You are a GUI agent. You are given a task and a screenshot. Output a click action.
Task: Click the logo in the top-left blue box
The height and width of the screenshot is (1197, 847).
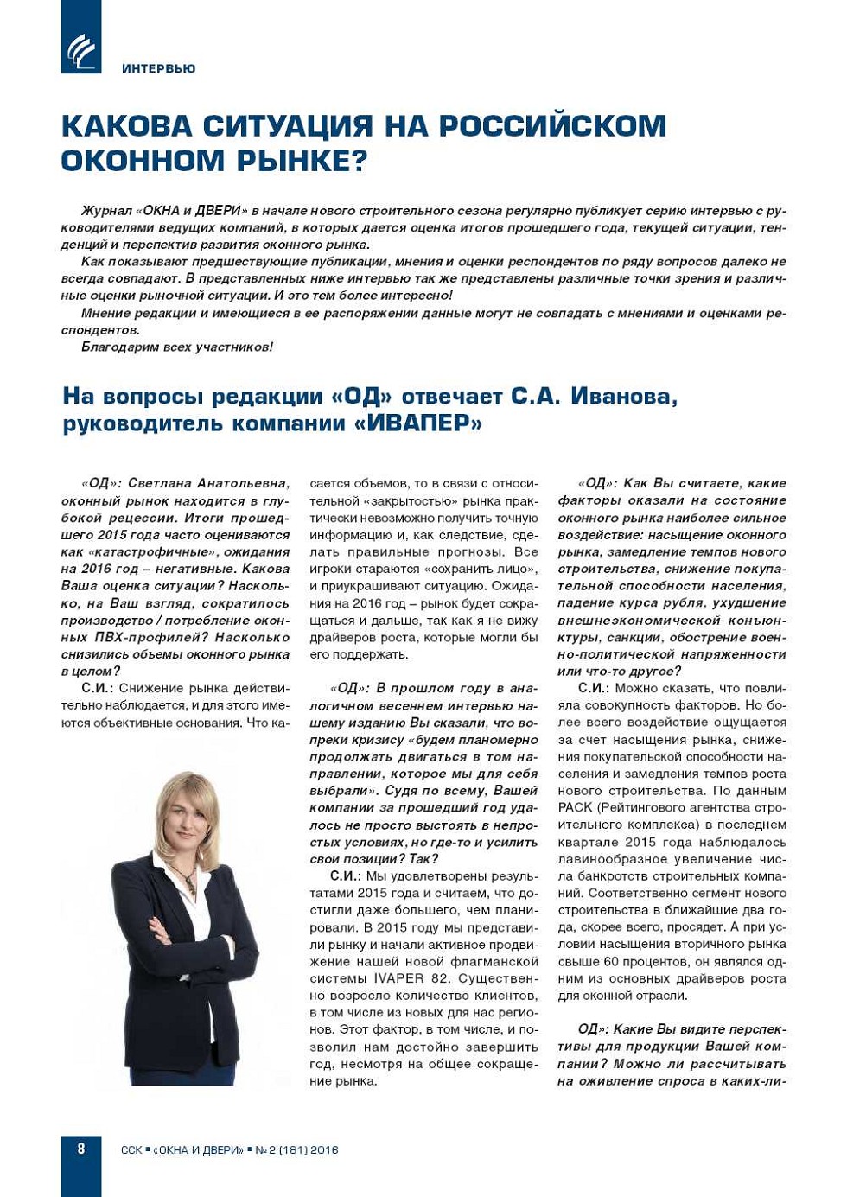click(x=81, y=51)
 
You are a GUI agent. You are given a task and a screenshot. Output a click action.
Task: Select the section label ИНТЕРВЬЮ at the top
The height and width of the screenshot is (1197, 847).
click(x=159, y=68)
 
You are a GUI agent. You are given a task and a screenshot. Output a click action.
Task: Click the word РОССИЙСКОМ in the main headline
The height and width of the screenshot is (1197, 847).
click(x=552, y=126)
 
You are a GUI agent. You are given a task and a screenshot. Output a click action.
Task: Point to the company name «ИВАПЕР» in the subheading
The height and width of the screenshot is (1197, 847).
click(x=418, y=424)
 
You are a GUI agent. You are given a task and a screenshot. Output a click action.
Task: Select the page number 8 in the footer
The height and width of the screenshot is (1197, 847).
click(x=81, y=1149)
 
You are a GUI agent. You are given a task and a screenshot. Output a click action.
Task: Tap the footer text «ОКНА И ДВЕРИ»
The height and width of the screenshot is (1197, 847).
click(x=198, y=1150)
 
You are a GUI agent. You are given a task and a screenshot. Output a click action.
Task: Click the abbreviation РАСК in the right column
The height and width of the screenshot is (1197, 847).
click(x=575, y=807)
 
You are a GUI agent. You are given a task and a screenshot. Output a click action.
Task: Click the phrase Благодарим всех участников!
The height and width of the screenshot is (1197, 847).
click(x=177, y=347)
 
